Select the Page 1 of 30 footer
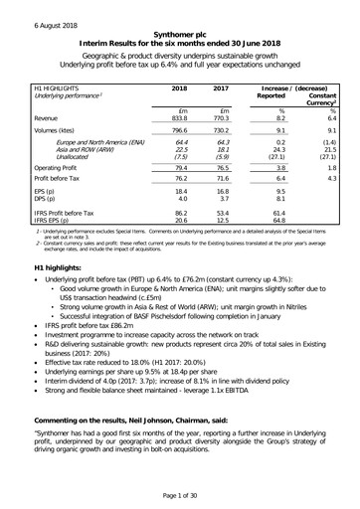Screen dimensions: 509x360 click(179, 494)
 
